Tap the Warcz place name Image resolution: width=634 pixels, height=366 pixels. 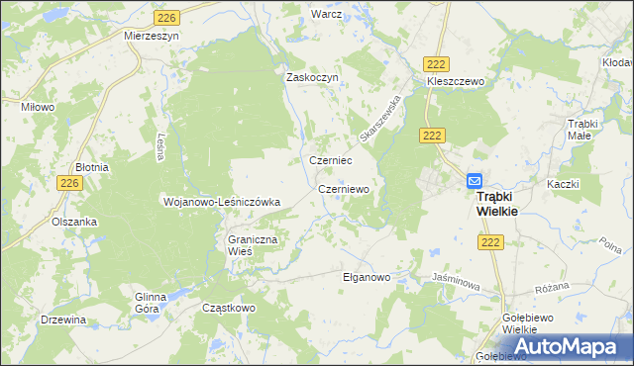[x=326, y=15]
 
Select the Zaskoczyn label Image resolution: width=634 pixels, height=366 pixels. [x=313, y=77]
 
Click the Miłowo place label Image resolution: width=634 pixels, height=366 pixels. [x=38, y=106]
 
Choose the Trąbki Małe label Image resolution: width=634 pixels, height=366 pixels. [x=584, y=130]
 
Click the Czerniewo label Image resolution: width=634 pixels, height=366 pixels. [x=344, y=188]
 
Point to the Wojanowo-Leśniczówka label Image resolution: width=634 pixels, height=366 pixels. [x=222, y=202]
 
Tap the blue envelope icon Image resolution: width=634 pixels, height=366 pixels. [x=475, y=181]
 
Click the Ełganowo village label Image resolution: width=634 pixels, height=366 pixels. [x=367, y=277]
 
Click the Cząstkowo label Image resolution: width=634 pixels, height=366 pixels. [x=229, y=308]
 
